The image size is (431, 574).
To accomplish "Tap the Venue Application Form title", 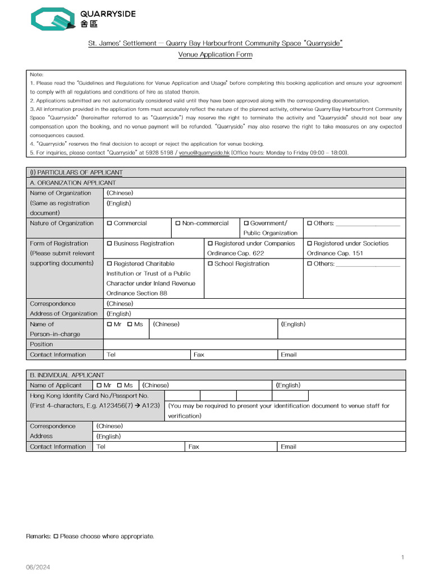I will (x=215, y=54).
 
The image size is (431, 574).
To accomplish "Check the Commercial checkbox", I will (x=109, y=223).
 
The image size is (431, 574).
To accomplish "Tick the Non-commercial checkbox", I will (x=178, y=223).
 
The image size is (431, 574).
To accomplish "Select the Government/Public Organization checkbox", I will (x=246, y=223).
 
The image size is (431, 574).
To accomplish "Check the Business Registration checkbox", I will (x=109, y=243).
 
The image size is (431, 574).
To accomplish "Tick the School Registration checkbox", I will (x=210, y=263).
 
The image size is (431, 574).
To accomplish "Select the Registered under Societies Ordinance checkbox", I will (x=309, y=243).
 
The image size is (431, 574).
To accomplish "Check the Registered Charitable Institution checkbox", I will (x=109, y=263).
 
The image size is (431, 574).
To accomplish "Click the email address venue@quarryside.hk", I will (x=204, y=152).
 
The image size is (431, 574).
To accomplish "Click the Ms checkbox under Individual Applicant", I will (x=120, y=385).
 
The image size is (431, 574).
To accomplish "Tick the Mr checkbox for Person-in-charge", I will (x=109, y=324).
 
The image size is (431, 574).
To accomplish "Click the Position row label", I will (x=42, y=344).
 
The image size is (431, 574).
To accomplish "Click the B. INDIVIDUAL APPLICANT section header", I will (x=67, y=375).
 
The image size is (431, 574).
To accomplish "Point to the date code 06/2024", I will (x=38, y=567).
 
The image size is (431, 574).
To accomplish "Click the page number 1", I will (x=402, y=557).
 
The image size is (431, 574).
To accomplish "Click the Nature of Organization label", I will (x=62, y=223).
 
